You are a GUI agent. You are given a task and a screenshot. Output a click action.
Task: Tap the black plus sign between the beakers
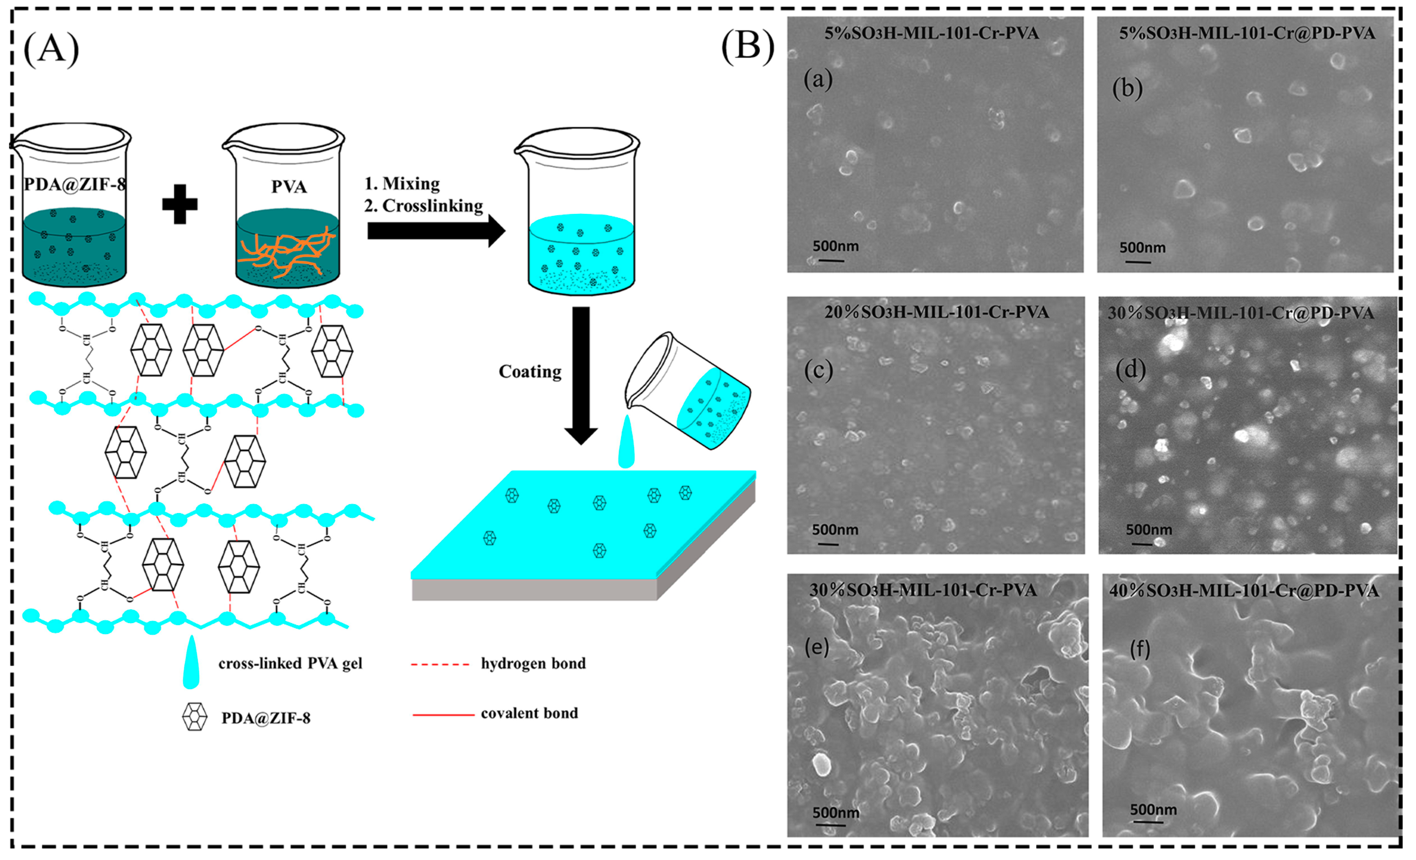(x=180, y=204)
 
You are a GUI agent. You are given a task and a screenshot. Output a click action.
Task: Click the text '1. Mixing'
(x=402, y=183)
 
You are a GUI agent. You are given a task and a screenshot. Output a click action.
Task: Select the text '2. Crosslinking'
(x=423, y=206)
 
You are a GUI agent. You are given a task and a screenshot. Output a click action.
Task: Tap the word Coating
(x=530, y=372)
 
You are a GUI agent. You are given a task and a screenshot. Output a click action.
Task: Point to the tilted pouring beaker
(x=689, y=391)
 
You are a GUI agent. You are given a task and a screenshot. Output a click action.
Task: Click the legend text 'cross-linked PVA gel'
(x=290, y=663)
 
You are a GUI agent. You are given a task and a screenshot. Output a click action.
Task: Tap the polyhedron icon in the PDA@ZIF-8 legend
(x=194, y=717)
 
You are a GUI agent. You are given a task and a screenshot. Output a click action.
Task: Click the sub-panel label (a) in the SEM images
(x=818, y=79)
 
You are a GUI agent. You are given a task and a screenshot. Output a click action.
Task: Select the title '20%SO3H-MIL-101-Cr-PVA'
(x=936, y=312)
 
